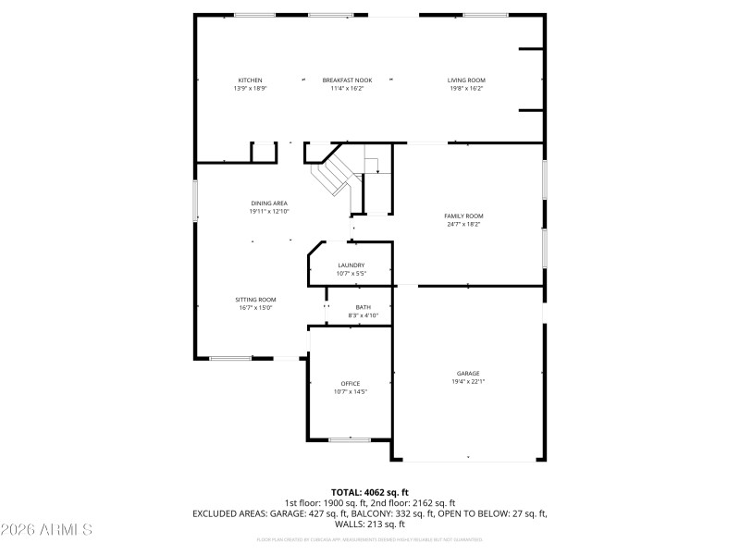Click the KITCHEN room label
click(250, 80)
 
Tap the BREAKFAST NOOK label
click(347, 80)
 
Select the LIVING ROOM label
click(466, 80)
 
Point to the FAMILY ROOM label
click(463, 216)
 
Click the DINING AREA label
click(269, 203)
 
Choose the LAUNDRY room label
click(351, 265)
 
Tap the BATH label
click(363, 307)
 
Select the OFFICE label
click(351, 383)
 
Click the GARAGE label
click(467, 373)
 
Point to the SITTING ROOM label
click(255, 300)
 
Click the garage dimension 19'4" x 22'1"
click(467, 381)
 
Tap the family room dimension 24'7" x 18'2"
click(463, 224)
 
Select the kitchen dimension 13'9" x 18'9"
click(250, 89)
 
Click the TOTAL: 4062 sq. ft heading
click(369, 492)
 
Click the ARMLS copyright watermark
click(47, 530)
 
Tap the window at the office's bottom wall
click(350, 440)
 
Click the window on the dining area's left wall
click(194, 200)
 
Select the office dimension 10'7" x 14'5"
click(351, 391)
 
